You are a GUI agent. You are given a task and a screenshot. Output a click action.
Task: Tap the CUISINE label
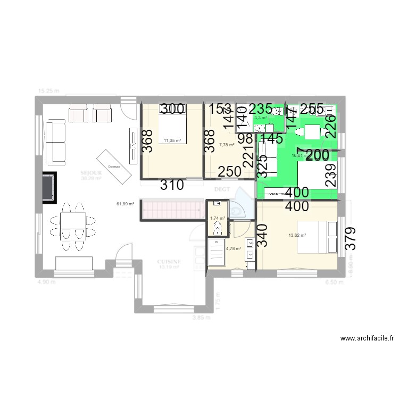click(x=170, y=262)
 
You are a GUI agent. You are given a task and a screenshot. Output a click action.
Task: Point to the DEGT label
click(x=221, y=189)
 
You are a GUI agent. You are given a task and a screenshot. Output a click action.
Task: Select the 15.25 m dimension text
click(x=48, y=91)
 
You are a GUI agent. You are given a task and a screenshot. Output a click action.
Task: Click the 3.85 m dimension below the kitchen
click(x=201, y=318)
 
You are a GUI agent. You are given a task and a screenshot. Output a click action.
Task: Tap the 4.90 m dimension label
click(x=46, y=282)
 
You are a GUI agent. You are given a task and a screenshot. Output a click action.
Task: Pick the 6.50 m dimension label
click(x=334, y=282)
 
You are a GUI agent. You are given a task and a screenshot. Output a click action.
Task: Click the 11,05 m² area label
click(x=172, y=141)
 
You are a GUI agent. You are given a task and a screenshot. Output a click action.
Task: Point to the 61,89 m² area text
click(x=126, y=204)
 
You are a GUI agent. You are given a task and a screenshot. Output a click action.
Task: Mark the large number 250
click(x=230, y=172)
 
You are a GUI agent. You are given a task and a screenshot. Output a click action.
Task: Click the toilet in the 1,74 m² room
click(x=217, y=228)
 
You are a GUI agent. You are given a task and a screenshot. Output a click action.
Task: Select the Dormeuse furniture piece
click(x=113, y=167)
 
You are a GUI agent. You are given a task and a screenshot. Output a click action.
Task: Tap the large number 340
click(x=262, y=235)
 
